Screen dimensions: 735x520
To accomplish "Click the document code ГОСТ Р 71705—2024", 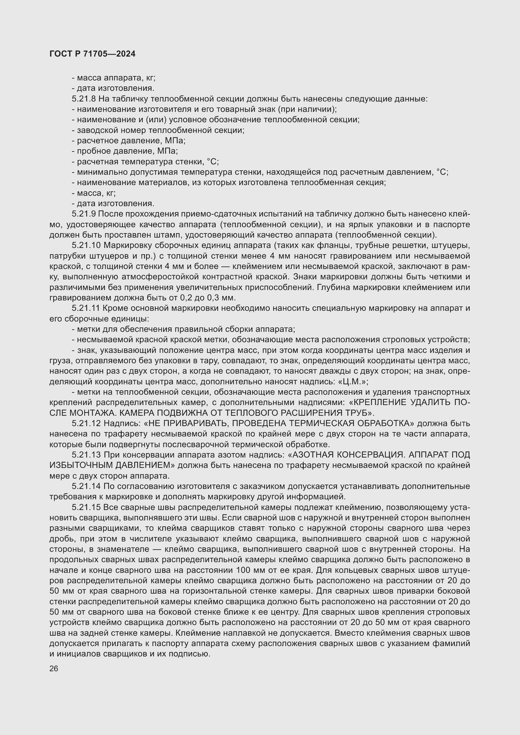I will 92,54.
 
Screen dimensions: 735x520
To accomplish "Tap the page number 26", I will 54,669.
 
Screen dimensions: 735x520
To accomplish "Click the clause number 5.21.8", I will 84,99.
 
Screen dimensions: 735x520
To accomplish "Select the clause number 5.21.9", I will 84,214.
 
